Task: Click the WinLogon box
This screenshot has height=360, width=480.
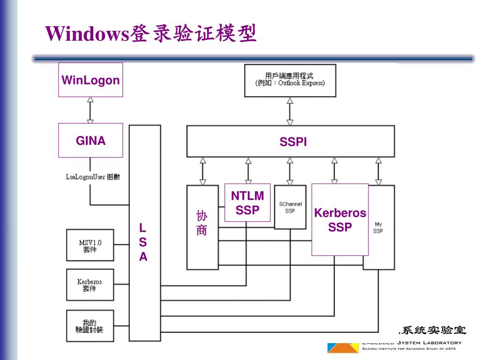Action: [90, 80]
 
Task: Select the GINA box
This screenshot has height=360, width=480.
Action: [90, 140]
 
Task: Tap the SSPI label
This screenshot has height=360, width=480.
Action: [293, 142]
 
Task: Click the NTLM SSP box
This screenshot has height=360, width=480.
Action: [247, 202]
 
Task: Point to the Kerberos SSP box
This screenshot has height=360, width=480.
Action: [340, 220]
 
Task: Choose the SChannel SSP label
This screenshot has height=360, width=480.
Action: [290, 207]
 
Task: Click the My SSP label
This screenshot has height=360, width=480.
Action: [378, 228]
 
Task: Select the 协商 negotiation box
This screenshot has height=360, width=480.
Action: [202, 224]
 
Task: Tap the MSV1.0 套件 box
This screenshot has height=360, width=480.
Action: [90, 246]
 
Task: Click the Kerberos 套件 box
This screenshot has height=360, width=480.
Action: [90, 285]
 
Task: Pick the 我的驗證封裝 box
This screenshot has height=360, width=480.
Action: [90, 326]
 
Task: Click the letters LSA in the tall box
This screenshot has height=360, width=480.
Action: [143, 243]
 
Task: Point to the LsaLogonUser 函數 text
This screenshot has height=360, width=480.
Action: [93, 177]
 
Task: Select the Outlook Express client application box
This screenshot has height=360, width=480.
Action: [290, 80]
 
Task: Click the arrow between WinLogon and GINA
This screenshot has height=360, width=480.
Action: [90, 110]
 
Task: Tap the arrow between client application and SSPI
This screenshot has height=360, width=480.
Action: [290, 111]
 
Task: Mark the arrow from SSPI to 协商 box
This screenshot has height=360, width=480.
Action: [202, 171]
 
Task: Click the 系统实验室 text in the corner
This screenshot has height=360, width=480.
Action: [432, 330]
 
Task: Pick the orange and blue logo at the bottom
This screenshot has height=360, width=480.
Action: [342, 347]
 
